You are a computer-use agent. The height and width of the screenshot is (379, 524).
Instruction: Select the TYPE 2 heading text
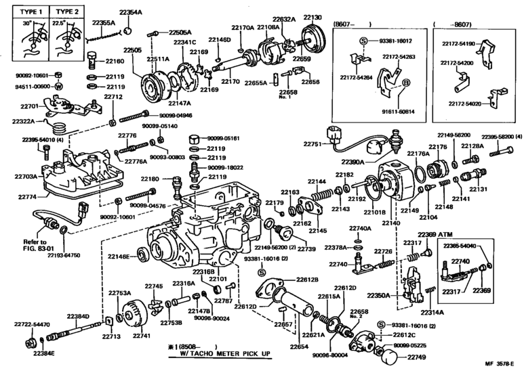click(x=68, y=12)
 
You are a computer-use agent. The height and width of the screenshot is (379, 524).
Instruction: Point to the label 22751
click(x=314, y=144)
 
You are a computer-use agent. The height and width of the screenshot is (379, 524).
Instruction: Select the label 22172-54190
click(x=470, y=44)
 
